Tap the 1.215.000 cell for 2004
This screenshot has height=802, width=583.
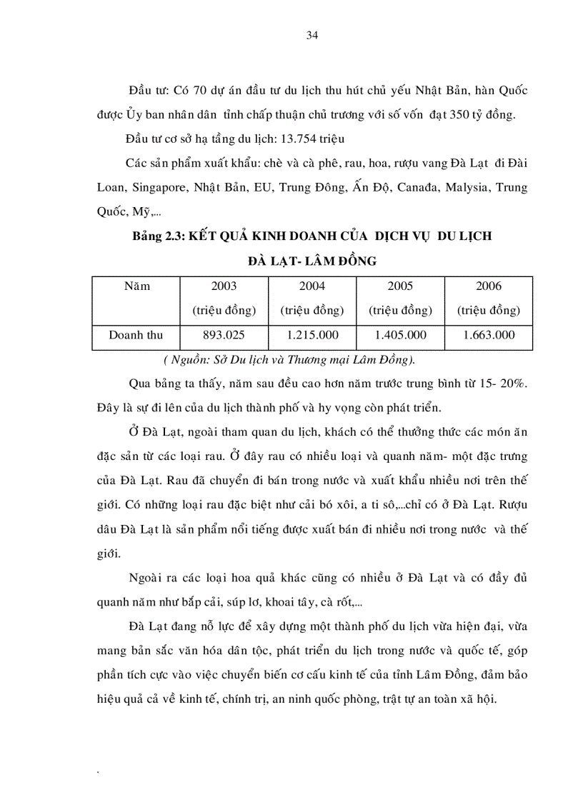[x=312, y=335]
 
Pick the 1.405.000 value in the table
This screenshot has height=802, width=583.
[x=400, y=335]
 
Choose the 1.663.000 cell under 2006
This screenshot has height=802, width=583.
[x=489, y=335]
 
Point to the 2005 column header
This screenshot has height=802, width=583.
[x=400, y=286]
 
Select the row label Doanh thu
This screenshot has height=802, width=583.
[x=136, y=335]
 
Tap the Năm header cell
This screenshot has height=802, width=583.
[x=136, y=286]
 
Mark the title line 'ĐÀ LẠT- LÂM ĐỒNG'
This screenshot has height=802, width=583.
[x=312, y=261]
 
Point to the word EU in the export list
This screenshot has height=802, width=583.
[x=259, y=188]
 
